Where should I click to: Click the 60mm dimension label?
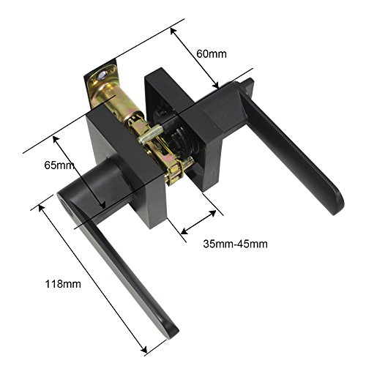pyautogui.click(x=212, y=54)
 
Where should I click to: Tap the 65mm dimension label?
pyautogui.click(x=59, y=165)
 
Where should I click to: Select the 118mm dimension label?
pyautogui.click(x=63, y=284)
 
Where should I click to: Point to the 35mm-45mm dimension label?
pyautogui.click(x=235, y=244)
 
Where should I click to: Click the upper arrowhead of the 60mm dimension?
pyautogui.click(x=173, y=31)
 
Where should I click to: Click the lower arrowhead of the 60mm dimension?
pyautogui.click(x=216, y=86)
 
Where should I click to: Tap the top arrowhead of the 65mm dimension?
pyautogui.click(x=56, y=139)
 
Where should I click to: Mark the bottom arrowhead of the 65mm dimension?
pyautogui.click(x=102, y=206)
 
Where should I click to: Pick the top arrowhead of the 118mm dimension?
pyautogui.click(x=41, y=208)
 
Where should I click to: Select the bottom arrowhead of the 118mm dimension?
pyautogui.click(x=144, y=350)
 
